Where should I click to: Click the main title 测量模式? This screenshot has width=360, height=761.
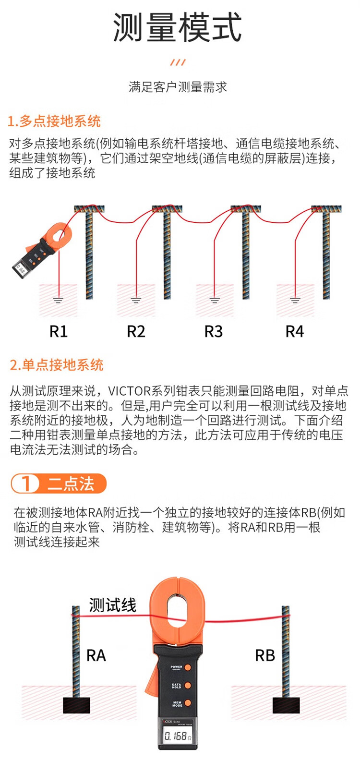[177, 27]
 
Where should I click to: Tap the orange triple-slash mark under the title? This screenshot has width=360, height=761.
[178, 62]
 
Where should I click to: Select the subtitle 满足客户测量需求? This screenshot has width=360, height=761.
[178, 87]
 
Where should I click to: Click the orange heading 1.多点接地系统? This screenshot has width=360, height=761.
[54, 121]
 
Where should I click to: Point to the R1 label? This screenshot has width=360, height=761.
[59, 331]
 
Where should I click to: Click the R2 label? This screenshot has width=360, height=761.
[136, 331]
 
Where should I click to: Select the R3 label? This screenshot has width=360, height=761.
[213, 331]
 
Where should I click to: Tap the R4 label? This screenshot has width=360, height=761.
[294, 331]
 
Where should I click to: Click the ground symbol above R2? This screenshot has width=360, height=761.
[136, 300]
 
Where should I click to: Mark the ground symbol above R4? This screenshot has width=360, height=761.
[295, 300]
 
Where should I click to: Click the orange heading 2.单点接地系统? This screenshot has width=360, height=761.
[56, 365]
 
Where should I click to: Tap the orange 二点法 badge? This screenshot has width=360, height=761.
[59, 483]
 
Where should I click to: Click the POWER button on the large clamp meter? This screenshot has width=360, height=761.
[188, 667]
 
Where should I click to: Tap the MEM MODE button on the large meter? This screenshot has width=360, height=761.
[188, 703]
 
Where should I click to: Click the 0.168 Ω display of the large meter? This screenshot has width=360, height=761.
[178, 736]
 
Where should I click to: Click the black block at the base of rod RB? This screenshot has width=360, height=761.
[286, 705]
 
